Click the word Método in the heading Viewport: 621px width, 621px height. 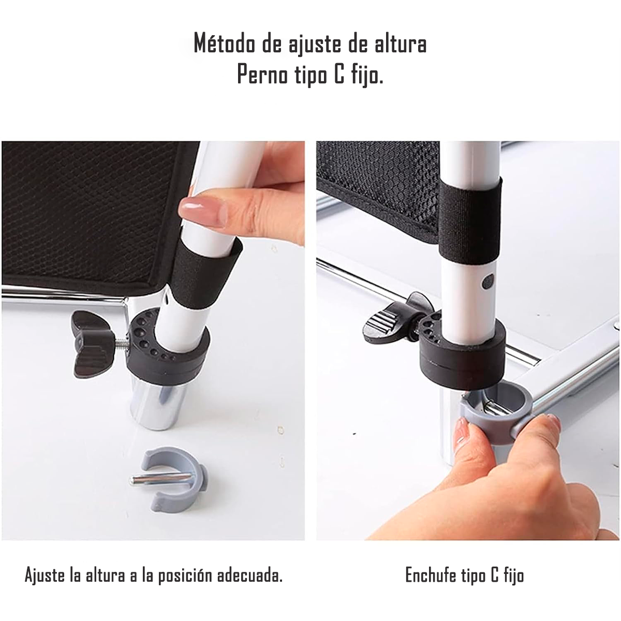tap(224, 44)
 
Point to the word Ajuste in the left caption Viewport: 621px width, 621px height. tap(45, 575)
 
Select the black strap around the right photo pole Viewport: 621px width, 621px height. tap(470, 218)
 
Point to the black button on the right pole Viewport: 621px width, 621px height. tap(487, 282)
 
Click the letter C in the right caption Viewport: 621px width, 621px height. tap(494, 575)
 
